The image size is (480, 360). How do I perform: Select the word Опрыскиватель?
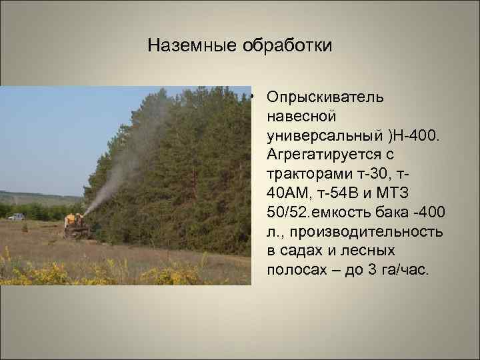pos(325,97)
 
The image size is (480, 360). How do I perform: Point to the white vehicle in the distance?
pos(15,215)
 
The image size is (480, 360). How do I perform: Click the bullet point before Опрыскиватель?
pos(256,98)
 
